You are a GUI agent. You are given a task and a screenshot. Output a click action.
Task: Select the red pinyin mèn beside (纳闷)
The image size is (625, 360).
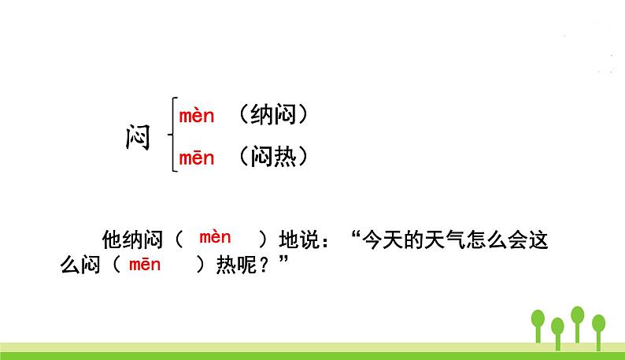197,117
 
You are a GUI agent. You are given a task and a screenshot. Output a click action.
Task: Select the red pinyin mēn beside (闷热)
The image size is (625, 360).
197,158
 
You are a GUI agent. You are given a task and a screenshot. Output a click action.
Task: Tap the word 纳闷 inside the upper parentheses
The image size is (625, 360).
271,116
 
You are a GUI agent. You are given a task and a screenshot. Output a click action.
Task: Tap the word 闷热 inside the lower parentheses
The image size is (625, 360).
271,158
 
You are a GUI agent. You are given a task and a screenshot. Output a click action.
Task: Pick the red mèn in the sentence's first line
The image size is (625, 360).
215,237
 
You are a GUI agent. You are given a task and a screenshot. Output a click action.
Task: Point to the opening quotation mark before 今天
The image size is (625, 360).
358,235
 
